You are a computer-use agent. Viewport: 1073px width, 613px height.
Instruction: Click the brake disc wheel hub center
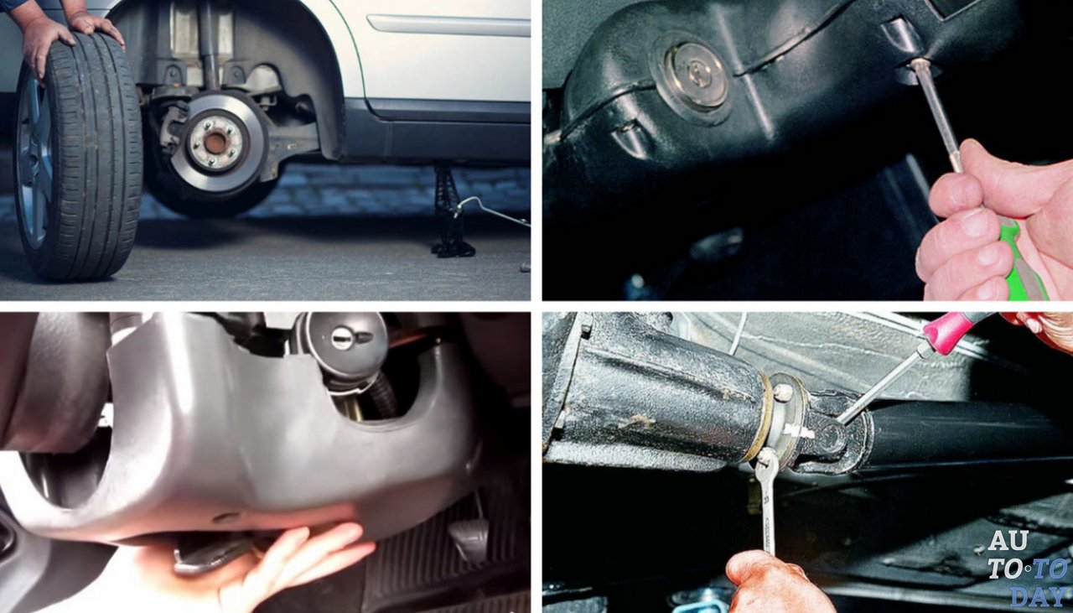tap(215, 142)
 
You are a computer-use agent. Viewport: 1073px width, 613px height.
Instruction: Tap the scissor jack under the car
tap(450, 210)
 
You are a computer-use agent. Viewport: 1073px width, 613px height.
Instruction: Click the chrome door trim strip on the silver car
tap(448, 24)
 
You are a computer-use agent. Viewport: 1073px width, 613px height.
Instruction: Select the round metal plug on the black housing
tap(695, 77)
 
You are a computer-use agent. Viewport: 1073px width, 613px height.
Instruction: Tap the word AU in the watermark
tap(1008, 541)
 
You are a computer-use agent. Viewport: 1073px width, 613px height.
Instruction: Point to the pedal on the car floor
tap(468, 538)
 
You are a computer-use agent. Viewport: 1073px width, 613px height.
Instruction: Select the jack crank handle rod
tap(491, 210)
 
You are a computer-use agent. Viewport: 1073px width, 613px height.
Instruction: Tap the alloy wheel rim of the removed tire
tap(34, 163)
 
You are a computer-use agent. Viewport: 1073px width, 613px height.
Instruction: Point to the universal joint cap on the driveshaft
tap(833, 439)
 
